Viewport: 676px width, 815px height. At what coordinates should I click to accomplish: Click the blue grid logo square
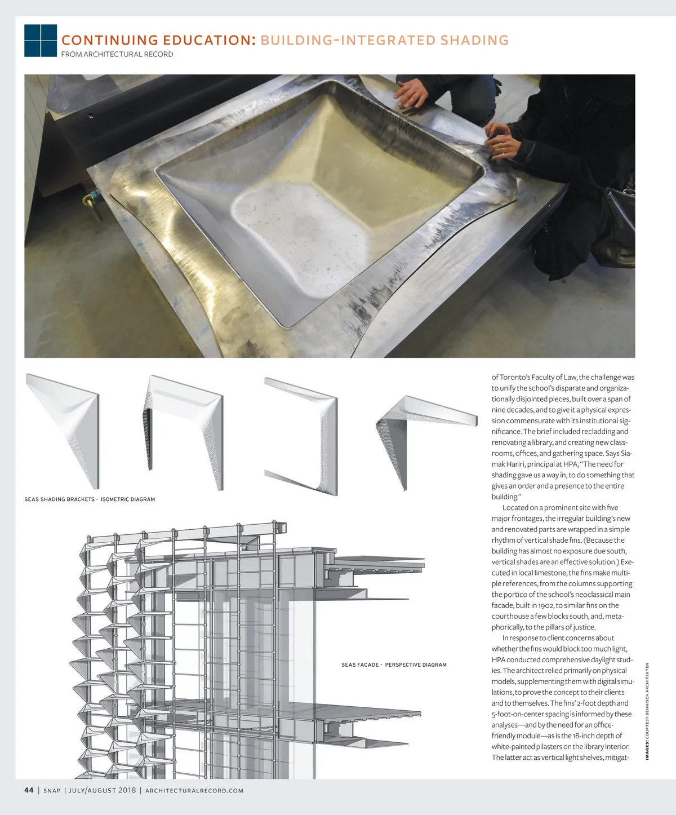click(41, 41)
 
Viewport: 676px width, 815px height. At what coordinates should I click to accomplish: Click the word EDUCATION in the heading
click(210, 41)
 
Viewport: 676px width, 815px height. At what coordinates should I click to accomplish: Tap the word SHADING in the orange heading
click(474, 41)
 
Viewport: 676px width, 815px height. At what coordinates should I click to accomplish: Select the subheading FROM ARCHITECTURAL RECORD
click(117, 55)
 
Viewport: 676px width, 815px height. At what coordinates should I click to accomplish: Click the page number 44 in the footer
click(29, 790)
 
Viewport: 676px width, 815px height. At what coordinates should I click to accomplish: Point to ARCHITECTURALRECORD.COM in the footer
click(194, 791)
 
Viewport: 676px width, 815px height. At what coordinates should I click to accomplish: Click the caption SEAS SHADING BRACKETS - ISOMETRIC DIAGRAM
click(90, 499)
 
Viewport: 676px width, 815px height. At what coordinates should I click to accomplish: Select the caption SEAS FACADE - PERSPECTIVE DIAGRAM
click(394, 665)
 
